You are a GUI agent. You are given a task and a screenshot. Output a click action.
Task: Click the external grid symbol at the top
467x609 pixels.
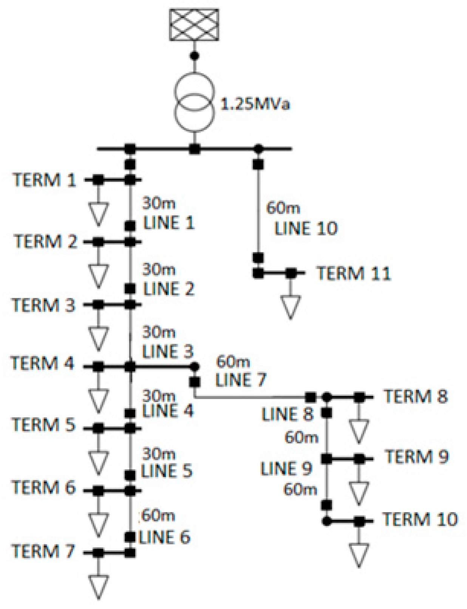(x=194, y=24)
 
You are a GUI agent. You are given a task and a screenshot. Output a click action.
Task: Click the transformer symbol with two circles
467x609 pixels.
(x=193, y=102)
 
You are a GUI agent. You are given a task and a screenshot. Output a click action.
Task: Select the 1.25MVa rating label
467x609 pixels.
(x=255, y=104)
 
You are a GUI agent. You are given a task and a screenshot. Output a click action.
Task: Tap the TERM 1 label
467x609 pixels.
(x=45, y=180)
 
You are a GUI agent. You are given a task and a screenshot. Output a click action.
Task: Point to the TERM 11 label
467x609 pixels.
(x=354, y=273)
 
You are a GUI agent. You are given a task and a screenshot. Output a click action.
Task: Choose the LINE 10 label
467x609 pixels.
(x=306, y=228)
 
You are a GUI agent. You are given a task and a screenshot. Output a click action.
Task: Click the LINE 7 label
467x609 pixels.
(x=241, y=379)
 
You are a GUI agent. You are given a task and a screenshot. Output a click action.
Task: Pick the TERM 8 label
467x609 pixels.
(x=416, y=396)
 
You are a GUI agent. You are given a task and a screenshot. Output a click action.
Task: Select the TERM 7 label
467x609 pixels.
(x=43, y=551)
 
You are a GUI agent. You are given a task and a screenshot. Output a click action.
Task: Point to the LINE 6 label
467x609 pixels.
(x=164, y=538)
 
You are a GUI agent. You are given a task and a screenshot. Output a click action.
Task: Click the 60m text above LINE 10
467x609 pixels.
(x=283, y=208)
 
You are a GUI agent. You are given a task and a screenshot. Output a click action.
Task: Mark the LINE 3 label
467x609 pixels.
(x=167, y=351)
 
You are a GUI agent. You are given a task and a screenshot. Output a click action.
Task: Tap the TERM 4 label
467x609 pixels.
(x=42, y=363)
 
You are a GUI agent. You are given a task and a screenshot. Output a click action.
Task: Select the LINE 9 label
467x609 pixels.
(x=286, y=469)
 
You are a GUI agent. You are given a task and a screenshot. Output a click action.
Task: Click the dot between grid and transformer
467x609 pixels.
(x=194, y=56)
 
